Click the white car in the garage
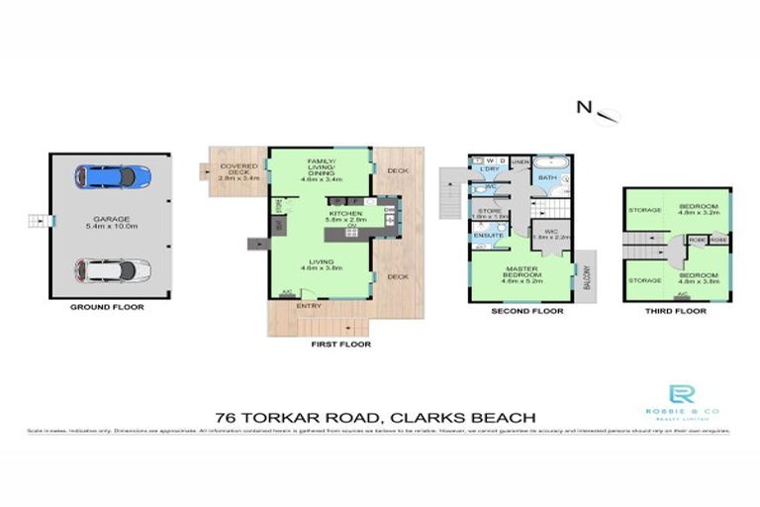click(112, 270)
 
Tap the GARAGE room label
click(110, 220)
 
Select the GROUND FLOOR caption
click(107, 308)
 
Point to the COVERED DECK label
click(237, 174)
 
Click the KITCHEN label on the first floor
click(346, 213)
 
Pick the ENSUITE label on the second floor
click(486, 236)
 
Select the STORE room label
click(489, 210)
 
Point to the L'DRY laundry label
click(487, 170)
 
